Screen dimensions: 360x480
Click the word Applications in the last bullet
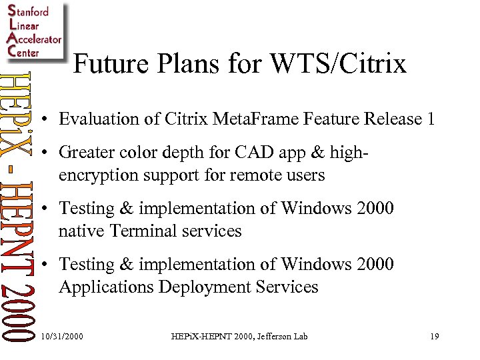101,287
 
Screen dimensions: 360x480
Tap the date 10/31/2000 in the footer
62,337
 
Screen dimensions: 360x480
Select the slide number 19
434,337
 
